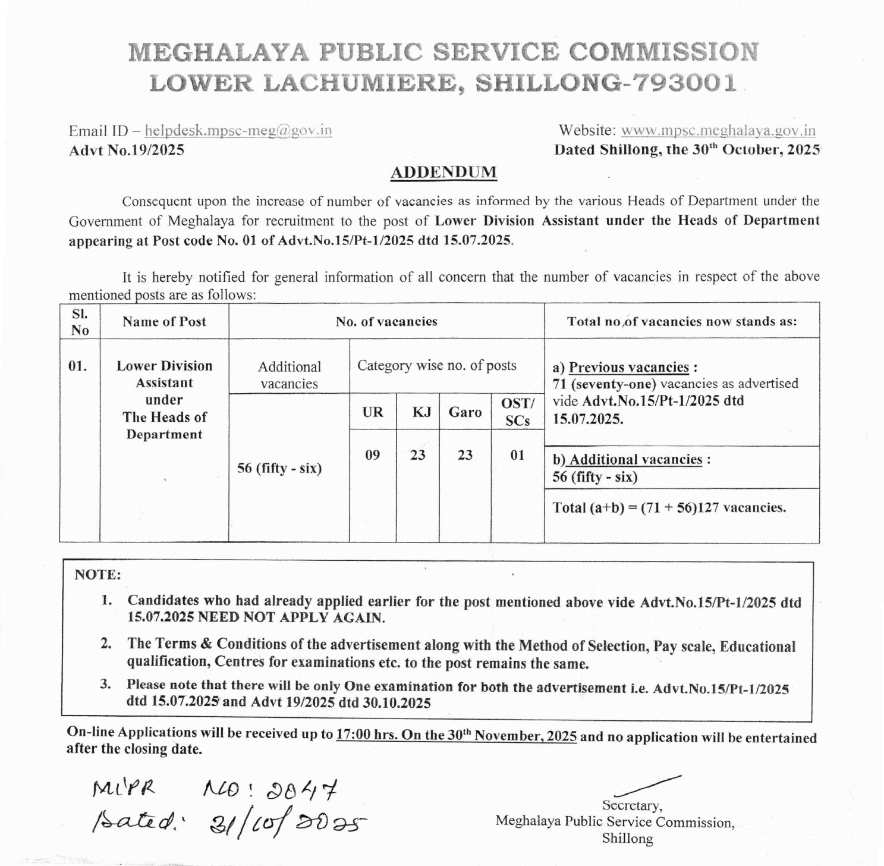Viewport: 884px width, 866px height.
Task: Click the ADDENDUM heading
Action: (443, 172)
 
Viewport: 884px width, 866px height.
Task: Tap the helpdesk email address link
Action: (238, 130)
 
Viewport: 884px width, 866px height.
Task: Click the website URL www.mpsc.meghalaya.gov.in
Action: (718, 130)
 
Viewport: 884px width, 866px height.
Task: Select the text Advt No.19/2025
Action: (127, 150)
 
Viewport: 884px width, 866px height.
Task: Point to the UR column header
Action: (373, 412)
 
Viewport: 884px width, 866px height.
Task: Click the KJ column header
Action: (421, 412)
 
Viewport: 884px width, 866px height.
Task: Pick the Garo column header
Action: (465, 412)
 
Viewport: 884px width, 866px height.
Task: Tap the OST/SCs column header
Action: (517, 412)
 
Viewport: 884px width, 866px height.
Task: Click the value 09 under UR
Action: (373, 456)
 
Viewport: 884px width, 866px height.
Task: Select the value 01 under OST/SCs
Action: (517, 456)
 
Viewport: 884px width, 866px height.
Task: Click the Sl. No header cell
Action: (80, 322)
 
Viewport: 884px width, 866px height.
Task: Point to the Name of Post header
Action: (164, 322)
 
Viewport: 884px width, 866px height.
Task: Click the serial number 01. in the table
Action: (78, 366)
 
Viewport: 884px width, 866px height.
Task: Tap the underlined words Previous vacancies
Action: (628, 368)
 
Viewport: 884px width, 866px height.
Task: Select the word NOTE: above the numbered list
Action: (97, 575)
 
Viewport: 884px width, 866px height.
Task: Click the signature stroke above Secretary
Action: (648, 786)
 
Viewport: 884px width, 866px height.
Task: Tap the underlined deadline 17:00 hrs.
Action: (366, 735)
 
